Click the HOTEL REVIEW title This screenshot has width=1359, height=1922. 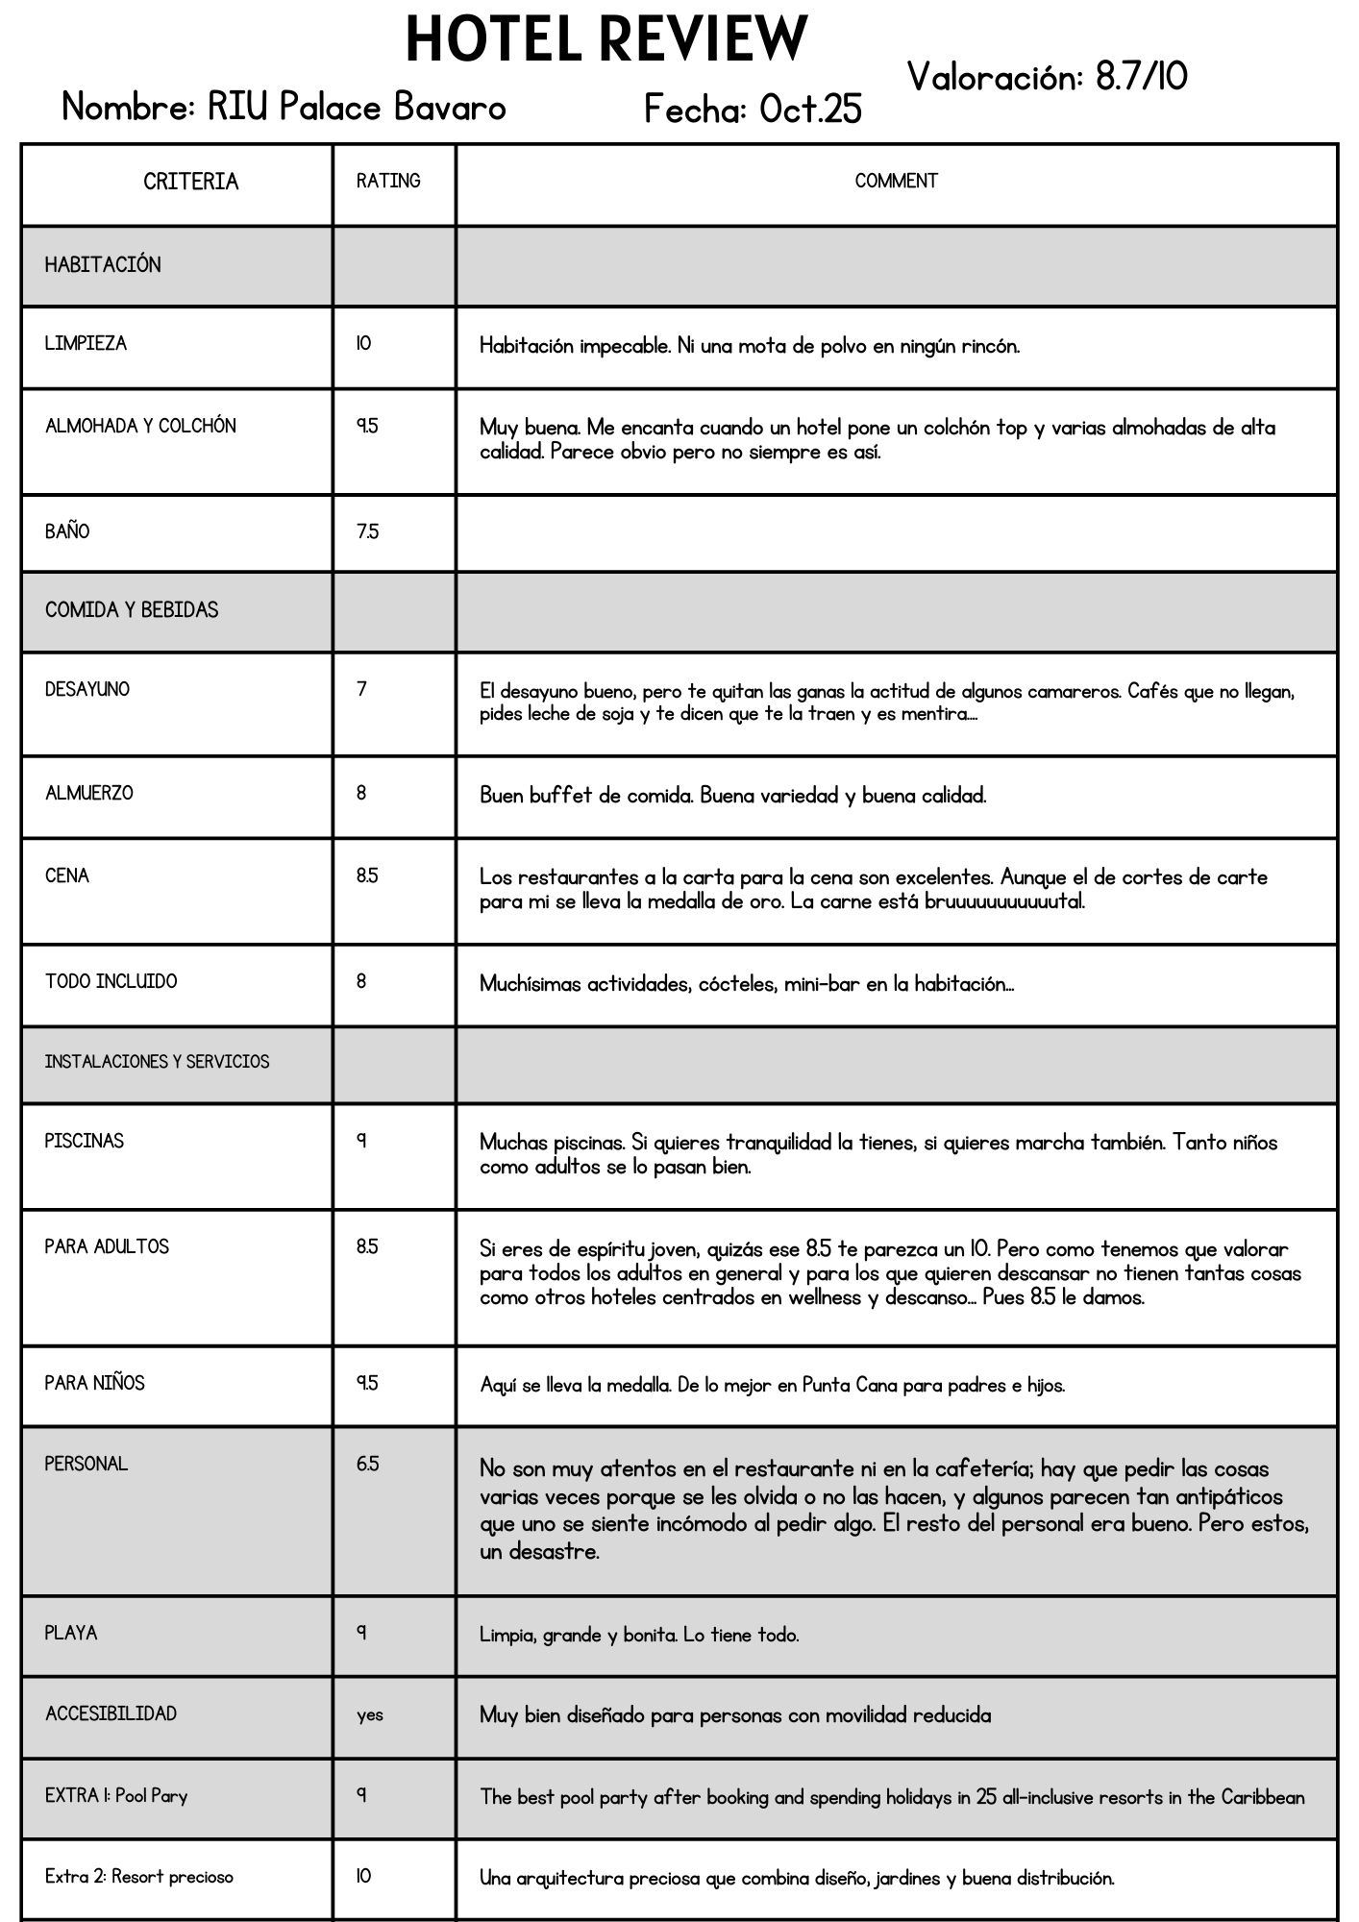[605, 40]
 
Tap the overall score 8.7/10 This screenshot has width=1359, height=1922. [1141, 77]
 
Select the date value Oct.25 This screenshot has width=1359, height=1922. [810, 110]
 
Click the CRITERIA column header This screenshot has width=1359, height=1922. [190, 182]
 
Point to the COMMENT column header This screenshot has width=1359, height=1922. [896, 181]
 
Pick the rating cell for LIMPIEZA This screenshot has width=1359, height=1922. [363, 344]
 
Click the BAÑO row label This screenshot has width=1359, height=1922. [67, 531]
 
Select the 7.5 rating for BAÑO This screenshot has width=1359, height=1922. [367, 531]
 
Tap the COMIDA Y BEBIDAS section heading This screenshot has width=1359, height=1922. [132, 610]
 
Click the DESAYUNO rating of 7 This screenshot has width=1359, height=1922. [361, 689]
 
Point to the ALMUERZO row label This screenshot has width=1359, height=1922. [89, 793]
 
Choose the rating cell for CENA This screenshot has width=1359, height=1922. [367, 875]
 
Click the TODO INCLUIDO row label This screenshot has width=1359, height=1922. [111, 981]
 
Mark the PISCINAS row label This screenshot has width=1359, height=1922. [85, 1141]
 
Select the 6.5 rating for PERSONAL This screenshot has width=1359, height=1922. [367, 1464]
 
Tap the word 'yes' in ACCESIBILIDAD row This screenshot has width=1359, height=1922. [370, 1714]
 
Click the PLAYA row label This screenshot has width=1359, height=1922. [71, 1633]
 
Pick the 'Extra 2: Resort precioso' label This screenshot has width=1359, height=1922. [139, 1877]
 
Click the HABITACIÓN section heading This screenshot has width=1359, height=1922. [103, 265]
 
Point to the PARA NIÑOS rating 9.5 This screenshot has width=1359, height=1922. [367, 1383]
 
